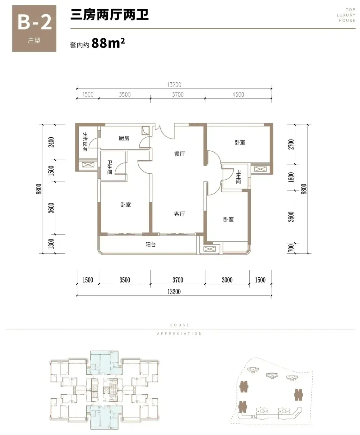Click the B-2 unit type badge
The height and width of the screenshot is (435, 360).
pos(34,28)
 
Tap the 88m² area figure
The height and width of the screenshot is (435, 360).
pos(108,43)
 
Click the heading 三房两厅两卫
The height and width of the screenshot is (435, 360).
pos(109,15)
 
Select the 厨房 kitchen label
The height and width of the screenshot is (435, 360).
pos(124,138)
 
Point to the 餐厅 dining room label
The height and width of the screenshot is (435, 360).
pos(179,154)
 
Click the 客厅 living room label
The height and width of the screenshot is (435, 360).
pos(179,214)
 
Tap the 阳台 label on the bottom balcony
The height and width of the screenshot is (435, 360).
pos(150,245)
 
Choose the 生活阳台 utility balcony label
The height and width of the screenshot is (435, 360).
pos(85,141)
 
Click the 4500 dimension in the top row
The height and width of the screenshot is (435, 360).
pos(238,94)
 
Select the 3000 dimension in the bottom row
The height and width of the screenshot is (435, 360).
pos(227,280)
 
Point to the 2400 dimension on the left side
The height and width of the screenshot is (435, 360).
pos(51,142)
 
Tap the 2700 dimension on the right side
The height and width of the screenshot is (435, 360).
pos(291,144)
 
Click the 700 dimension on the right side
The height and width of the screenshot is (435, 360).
pos(291,248)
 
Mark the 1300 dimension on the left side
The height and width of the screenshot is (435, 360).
pos(51,244)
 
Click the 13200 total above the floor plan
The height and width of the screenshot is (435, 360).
pos(174,85)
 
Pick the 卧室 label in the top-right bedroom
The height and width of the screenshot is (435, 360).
pos(240,142)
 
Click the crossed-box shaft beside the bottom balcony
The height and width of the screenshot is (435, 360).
pos(210,249)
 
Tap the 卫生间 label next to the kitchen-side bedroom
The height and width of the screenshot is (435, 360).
pos(110,167)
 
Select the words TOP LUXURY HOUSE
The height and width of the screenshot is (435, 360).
pos(346,15)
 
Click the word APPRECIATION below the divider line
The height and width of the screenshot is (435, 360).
pos(179,333)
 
